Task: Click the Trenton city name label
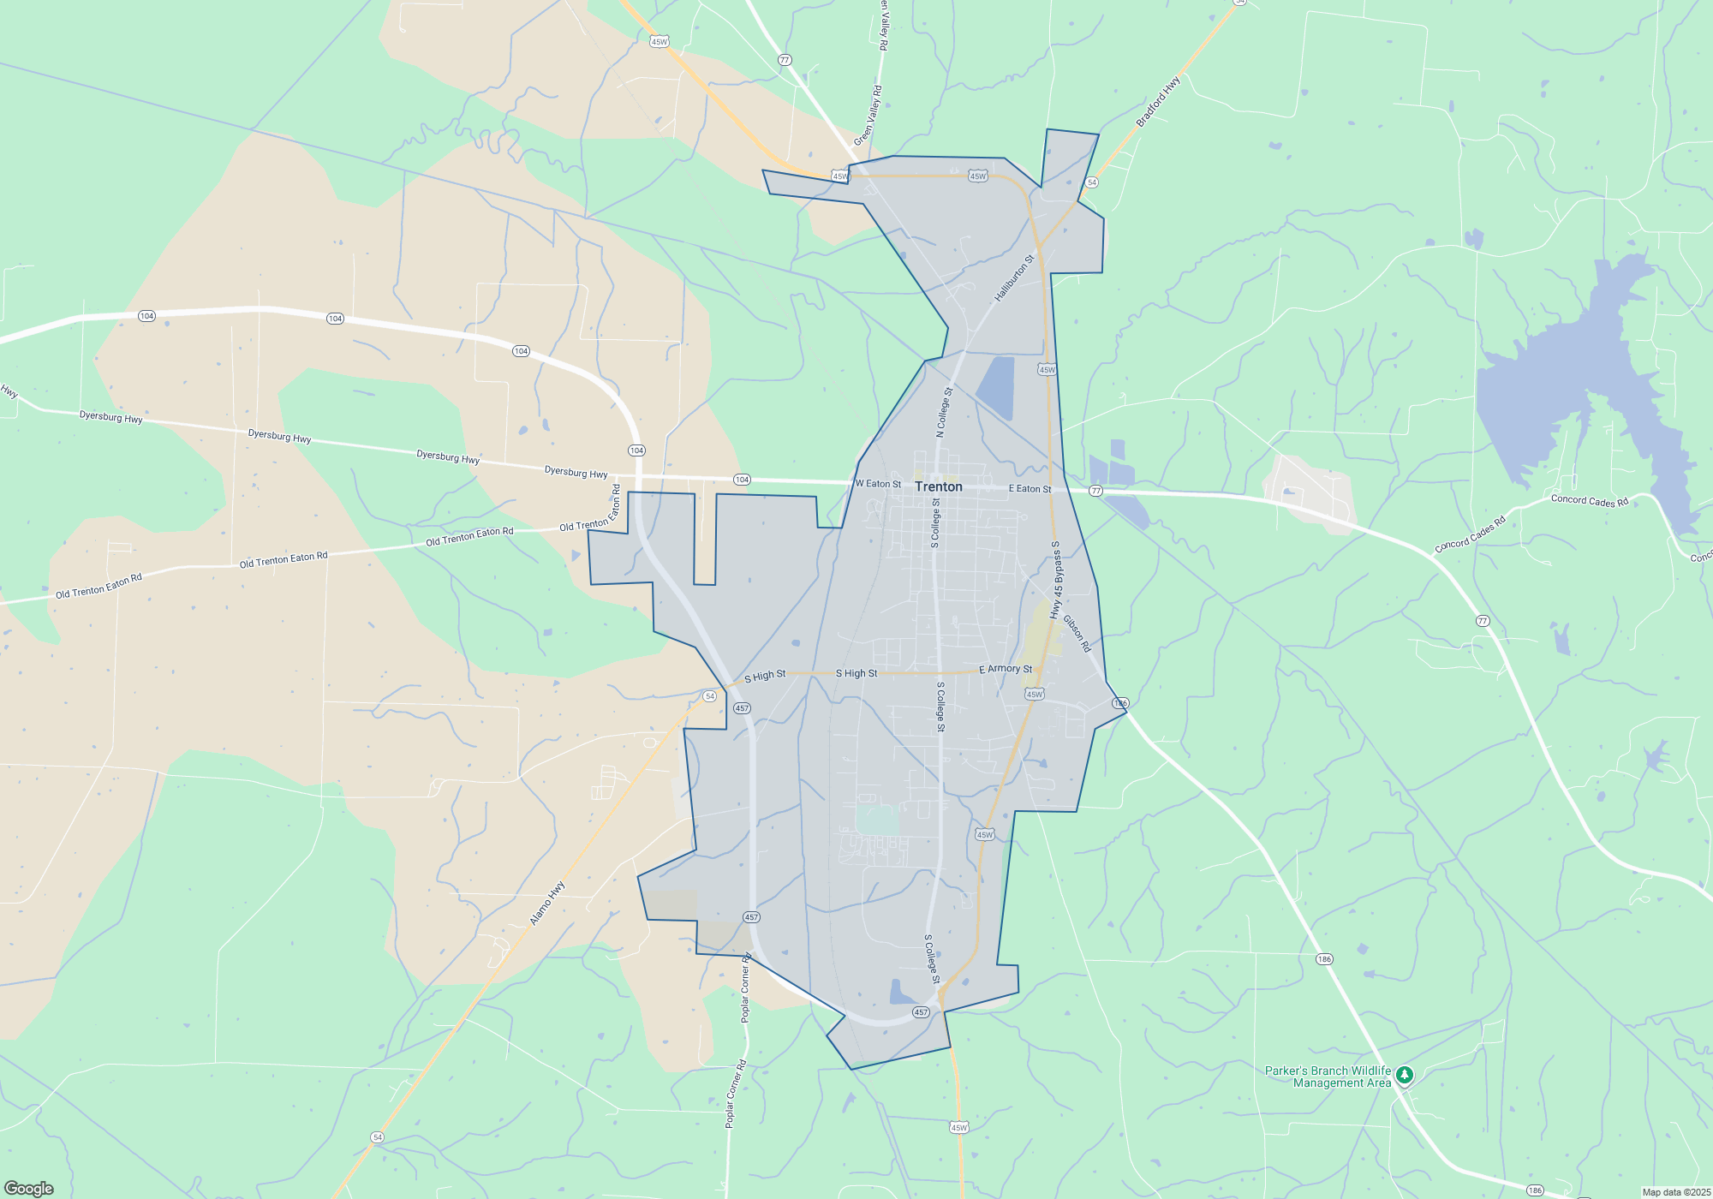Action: pyautogui.click(x=938, y=486)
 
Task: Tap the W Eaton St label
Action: pyautogui.click(x=878, y=484)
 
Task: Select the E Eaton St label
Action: pyautogui.click(x=1030, y=489)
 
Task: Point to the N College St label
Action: pyautogui.click(x=944, y=413)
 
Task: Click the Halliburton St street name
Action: pyautogui.click(x=1015, y=277)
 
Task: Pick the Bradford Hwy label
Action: pyautogui.click(x=1158, y=102)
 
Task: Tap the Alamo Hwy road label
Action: pyautogui.click(x=547, y=903)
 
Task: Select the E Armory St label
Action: pyautogui.click(x=1006, y=669)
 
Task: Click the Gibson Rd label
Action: pyautogui.click(x=1077, y=633)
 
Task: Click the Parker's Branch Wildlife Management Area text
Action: pyautogui.click(x=1328, y=1077)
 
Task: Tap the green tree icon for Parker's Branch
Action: pyautogui.click(x=1404, y=1075)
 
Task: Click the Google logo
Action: pyautogui.click(x=29, y=1188)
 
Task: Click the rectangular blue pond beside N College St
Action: pyautogui.click(x=996, y=387)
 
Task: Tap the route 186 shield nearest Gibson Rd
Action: pyautogui.click(x=1120, y=703)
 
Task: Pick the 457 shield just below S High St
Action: pyautogui.click(x=742, y=708)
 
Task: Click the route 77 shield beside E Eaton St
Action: pyautogui.click(x=1095, y=491)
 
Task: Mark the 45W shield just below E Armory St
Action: pyautogui.click(x=1035, y=695)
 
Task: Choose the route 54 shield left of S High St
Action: pyautogui.click(x=709, y=696)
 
